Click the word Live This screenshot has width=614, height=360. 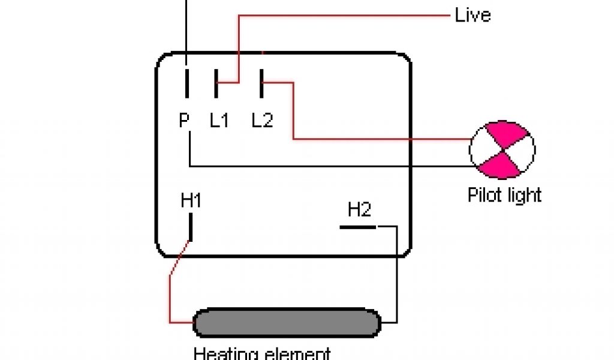[472, 14]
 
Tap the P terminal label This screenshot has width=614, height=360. [183, 120]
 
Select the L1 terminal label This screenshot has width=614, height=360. [219, 121]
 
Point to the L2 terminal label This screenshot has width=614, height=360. [262, 121]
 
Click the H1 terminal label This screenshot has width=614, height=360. [191, 201]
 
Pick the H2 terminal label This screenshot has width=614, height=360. [359, 209]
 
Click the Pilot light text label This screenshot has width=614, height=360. [504, 195]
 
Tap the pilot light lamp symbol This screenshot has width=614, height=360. [502, 149]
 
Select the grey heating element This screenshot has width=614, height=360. [287, 324]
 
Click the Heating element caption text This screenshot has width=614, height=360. [262, 353]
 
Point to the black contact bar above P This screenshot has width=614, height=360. [187, 83]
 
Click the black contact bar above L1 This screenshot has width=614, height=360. [216, 83]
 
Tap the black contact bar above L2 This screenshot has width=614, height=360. [262, 83]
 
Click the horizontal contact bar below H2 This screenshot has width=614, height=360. [358, 227]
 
